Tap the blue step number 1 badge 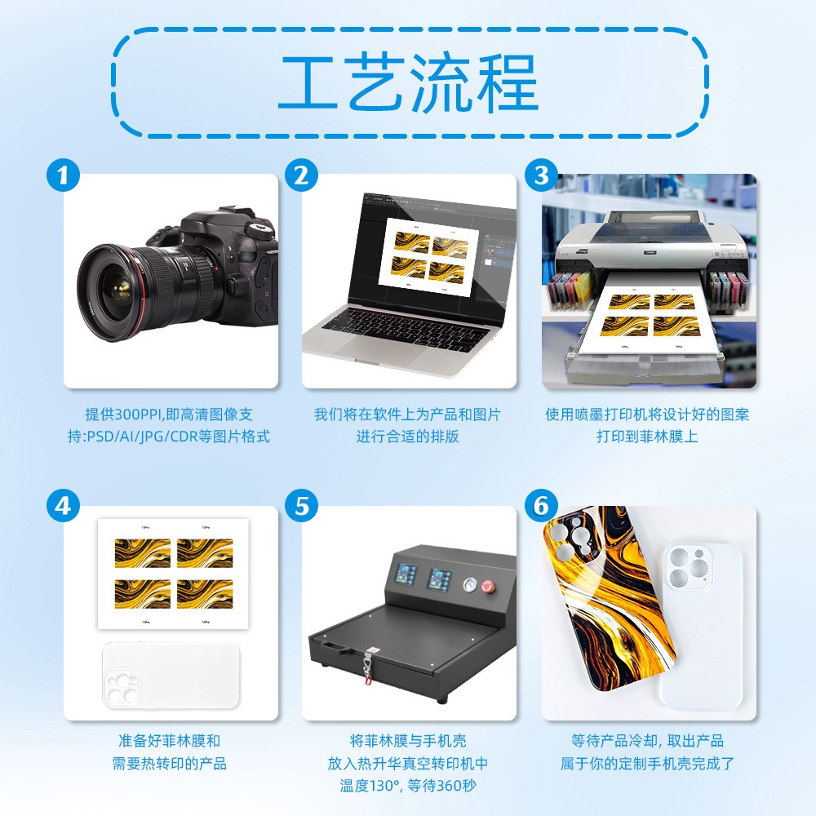pyautogui.click(x=63, y=175)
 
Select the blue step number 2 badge pyautogui.click(x=302, y=175)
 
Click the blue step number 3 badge pyautogui.click(x=541, y=175)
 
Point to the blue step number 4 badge pyautogui.click(x=63, y=506)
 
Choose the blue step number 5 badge pyautogui.click(x=302, y=506)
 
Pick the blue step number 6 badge pyautogui.click(x=541, y=506)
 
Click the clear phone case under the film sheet pyautogui.click(x=171, y=675)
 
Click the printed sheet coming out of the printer pyautogui.click(x=648, y=323)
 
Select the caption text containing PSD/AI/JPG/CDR pyautogui.click(x=177, y=437)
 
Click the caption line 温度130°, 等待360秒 pyautogui.click(x=408, y=786)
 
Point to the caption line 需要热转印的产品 pyautogui.click(x=169, y=764)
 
